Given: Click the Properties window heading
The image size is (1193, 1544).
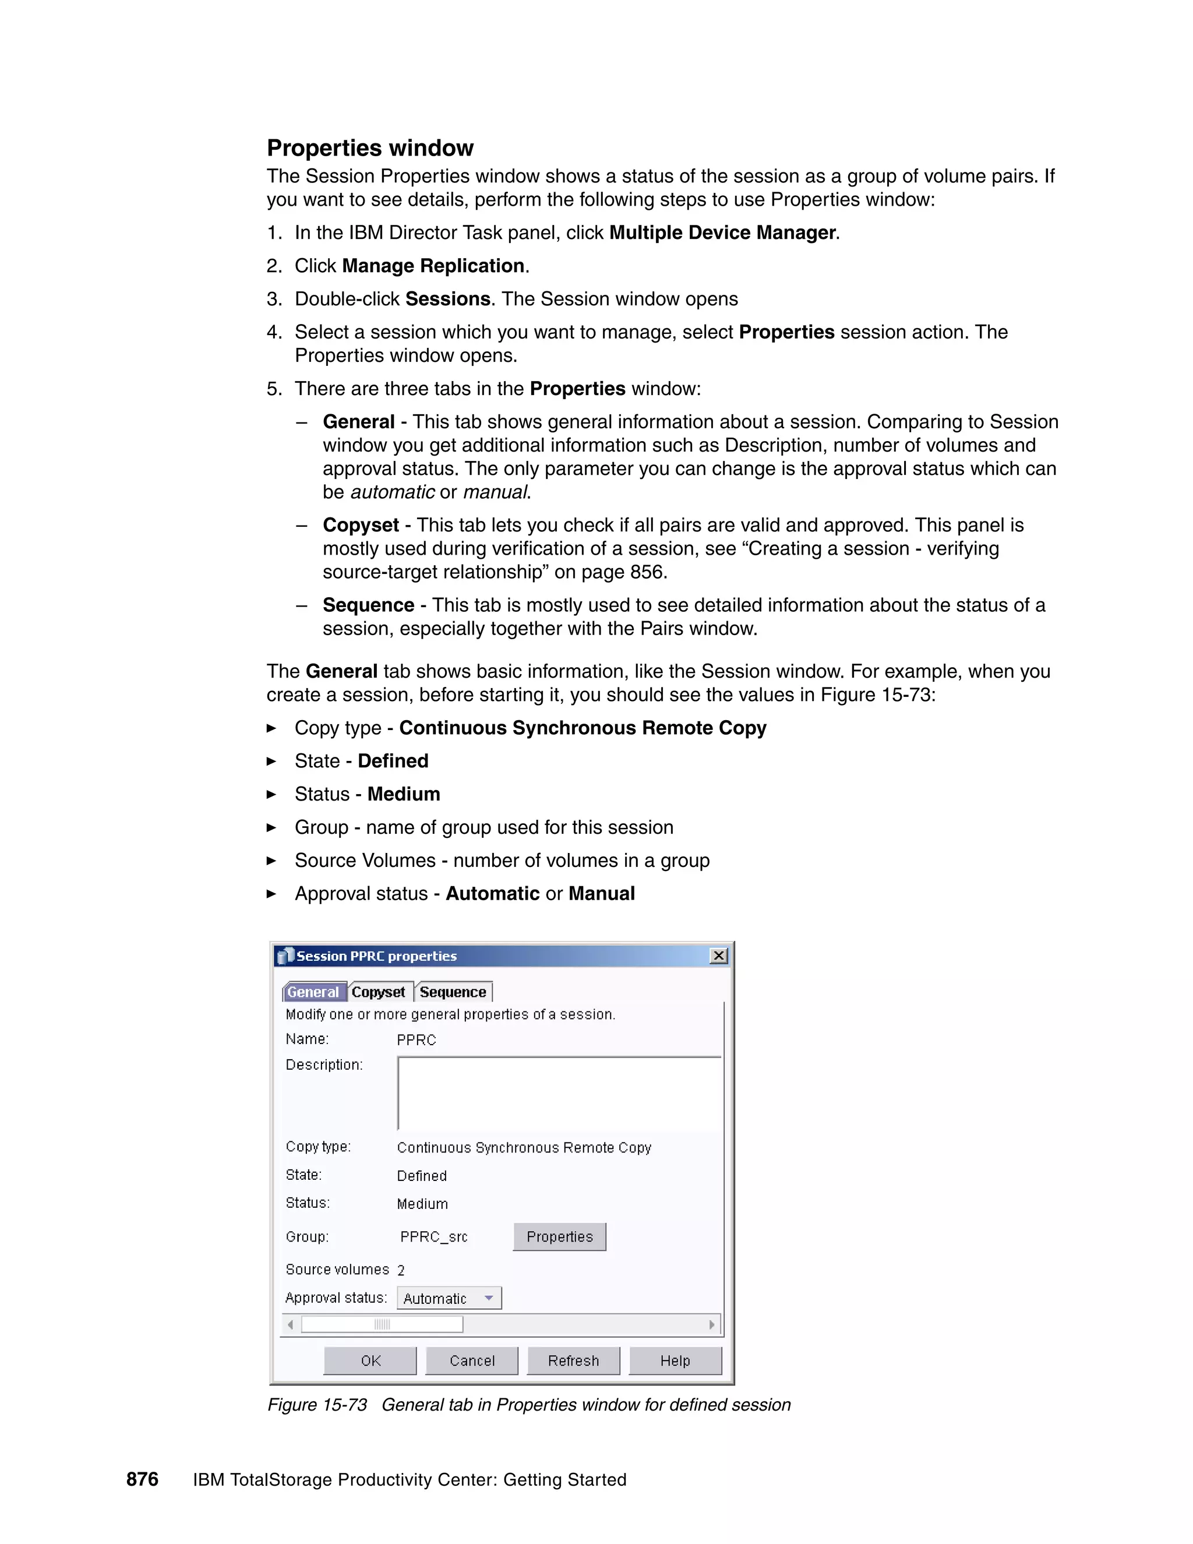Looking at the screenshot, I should pos(370,148).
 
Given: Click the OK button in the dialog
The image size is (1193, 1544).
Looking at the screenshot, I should pos(370,1360).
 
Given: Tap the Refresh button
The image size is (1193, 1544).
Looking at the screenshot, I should pos(573,1360).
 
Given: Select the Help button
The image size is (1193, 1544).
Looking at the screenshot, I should pos(675,1360).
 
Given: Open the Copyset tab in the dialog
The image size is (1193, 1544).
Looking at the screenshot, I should pos(378,992).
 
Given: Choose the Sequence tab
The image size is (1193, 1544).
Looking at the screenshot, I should pos(453,992).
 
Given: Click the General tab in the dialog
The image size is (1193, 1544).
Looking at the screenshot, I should pos(313,992).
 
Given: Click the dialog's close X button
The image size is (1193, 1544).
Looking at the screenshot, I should pos(719,956).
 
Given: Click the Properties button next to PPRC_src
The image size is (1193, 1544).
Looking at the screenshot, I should pos(559,1236).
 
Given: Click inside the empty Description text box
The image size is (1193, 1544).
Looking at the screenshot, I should pos(558,1093).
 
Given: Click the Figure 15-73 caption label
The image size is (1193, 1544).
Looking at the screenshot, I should pos(317,1405).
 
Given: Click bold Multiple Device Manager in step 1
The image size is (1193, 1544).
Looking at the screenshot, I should pos(722,232).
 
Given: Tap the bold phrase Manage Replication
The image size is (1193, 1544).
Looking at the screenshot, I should pos(433,266).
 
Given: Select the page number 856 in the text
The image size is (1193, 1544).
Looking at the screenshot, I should pos(646,572).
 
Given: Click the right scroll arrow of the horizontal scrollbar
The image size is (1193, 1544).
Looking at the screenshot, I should pos(712,1324).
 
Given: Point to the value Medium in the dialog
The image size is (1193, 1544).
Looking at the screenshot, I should pos(422,1204).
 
